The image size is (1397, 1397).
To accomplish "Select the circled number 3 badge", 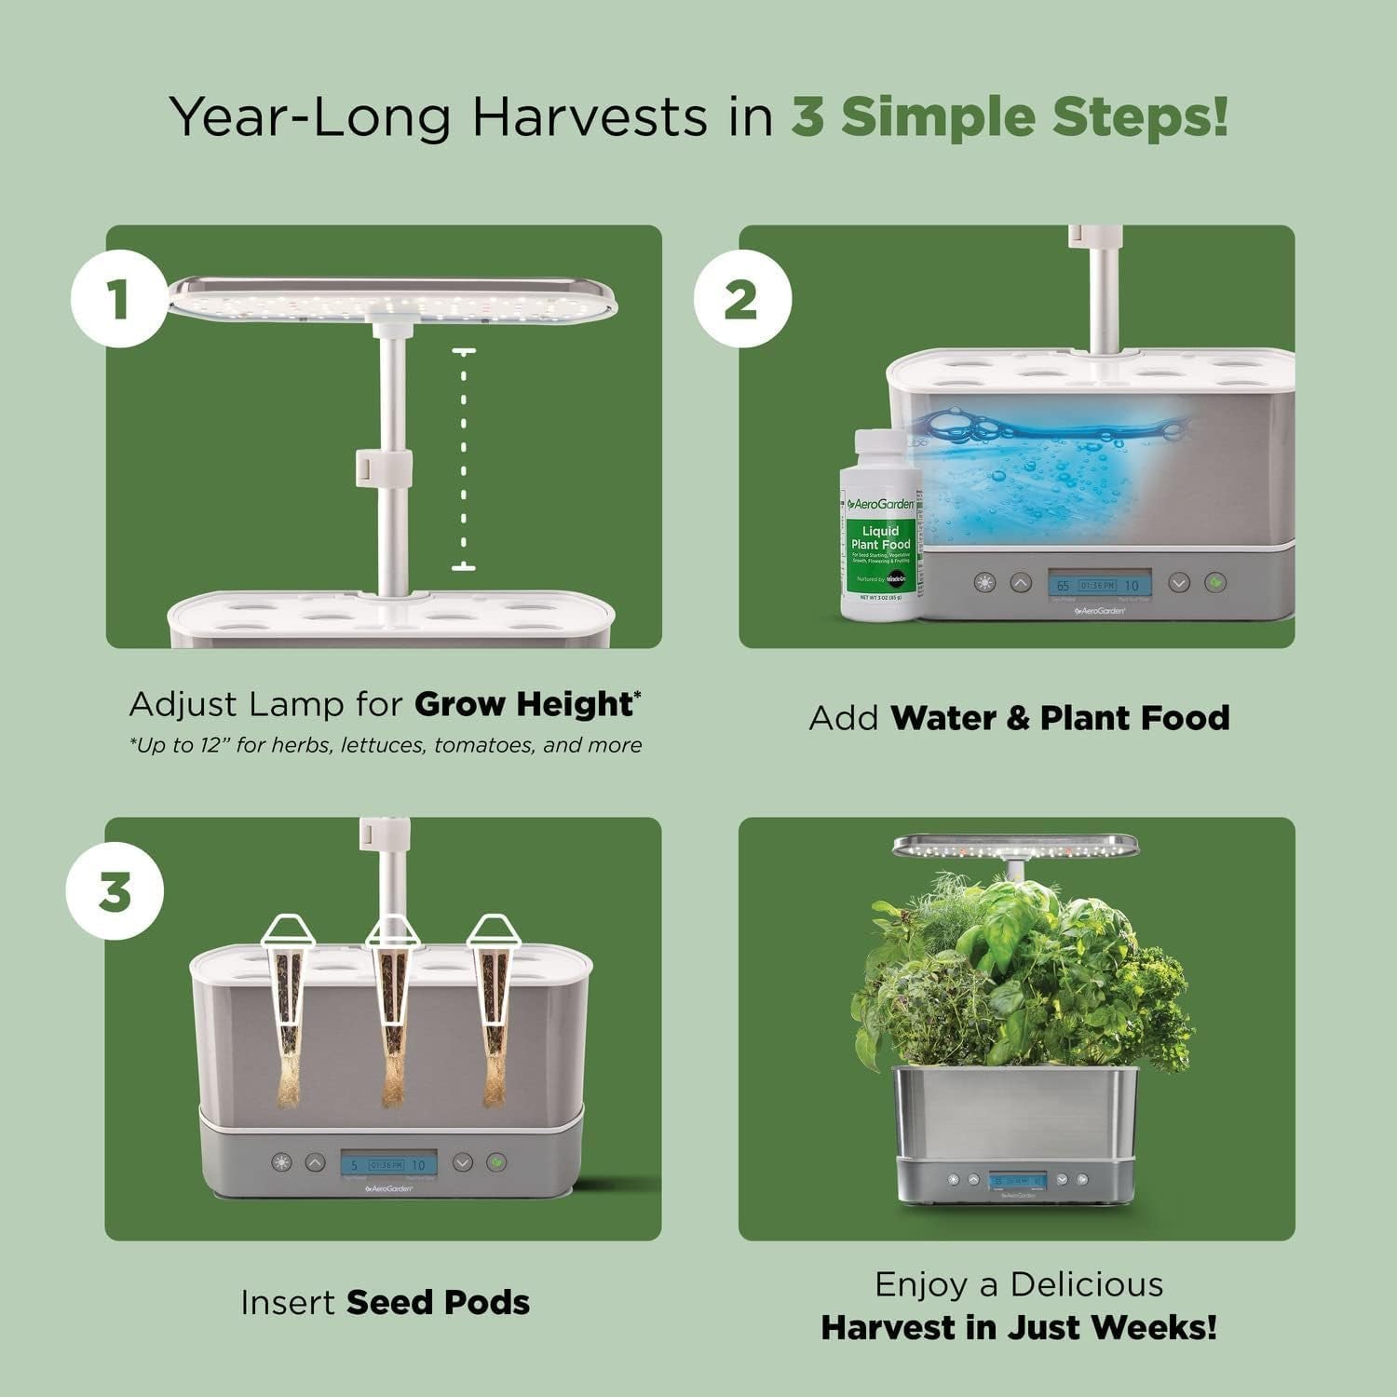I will (x=115, y=892).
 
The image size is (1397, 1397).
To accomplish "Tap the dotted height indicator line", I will (x=463, y=458).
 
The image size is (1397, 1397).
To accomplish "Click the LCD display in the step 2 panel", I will (x=1099, y=585).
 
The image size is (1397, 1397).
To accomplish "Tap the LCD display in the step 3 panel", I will (x=386, y=1163).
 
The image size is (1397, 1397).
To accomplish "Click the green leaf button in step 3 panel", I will (x=497, y=1162).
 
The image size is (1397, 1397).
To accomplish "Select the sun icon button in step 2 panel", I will (x=984, y=584).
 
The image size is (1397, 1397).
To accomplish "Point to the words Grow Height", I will (x=524, y=704).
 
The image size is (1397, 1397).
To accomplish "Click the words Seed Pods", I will (x=438, y=1302).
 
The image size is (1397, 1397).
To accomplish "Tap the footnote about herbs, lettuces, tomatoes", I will (x=385, y=745).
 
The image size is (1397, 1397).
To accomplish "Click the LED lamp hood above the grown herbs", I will (x=1015, y=847).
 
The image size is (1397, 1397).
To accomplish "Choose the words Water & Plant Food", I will (x=1060, y=718).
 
